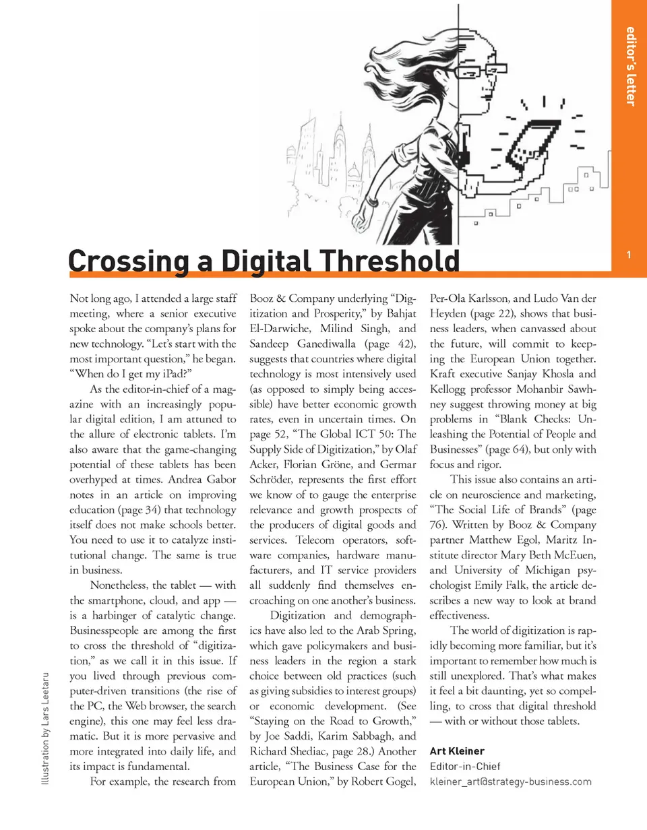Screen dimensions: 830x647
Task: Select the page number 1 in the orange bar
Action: [x=628, y=255]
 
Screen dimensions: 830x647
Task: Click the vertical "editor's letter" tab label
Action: [x=630, y=65]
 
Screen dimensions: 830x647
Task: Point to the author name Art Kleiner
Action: [x=456, y=751]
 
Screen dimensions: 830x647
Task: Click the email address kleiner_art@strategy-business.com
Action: [x=510, y=781]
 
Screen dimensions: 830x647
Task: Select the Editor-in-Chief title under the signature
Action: [x=464, y=766]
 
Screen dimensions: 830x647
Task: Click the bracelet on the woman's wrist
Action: [x=372, y=201]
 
